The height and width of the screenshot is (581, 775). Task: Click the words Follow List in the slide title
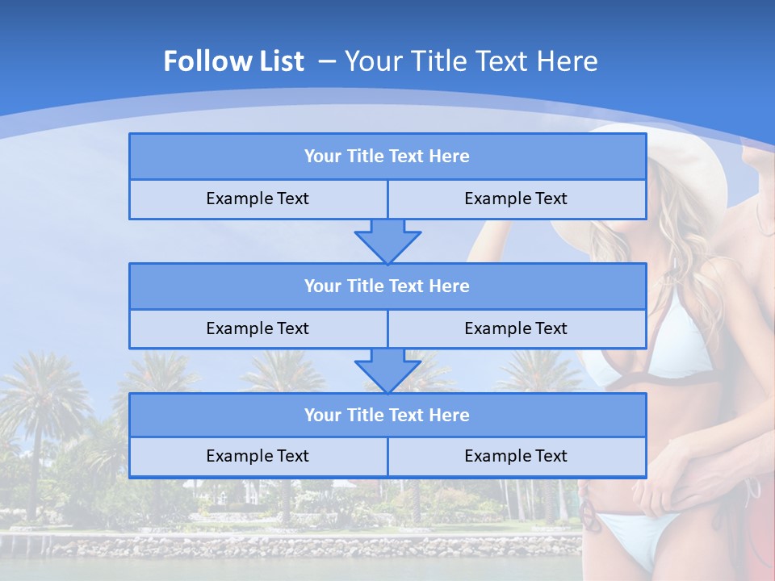(233, 61)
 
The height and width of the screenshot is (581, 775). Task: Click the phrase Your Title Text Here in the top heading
(471, 61)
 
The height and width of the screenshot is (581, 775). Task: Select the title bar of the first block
(387, 157)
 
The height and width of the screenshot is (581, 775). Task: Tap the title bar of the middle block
(387, 286)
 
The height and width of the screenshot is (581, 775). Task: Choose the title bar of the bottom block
(387, 415)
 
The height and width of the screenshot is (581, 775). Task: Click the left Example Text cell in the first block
(258, 199)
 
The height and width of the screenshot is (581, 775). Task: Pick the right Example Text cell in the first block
(516, 199)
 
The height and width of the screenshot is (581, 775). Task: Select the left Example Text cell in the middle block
(258, 328)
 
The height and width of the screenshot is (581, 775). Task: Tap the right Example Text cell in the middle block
(516, 328)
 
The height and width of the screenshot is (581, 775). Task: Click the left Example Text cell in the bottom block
(258, 456)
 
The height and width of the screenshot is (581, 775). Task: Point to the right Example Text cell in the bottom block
(516, 456)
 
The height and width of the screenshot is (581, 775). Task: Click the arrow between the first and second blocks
(387, 242)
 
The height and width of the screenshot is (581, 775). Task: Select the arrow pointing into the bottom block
(387, 371)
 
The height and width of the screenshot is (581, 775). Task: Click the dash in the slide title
(327, 61)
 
